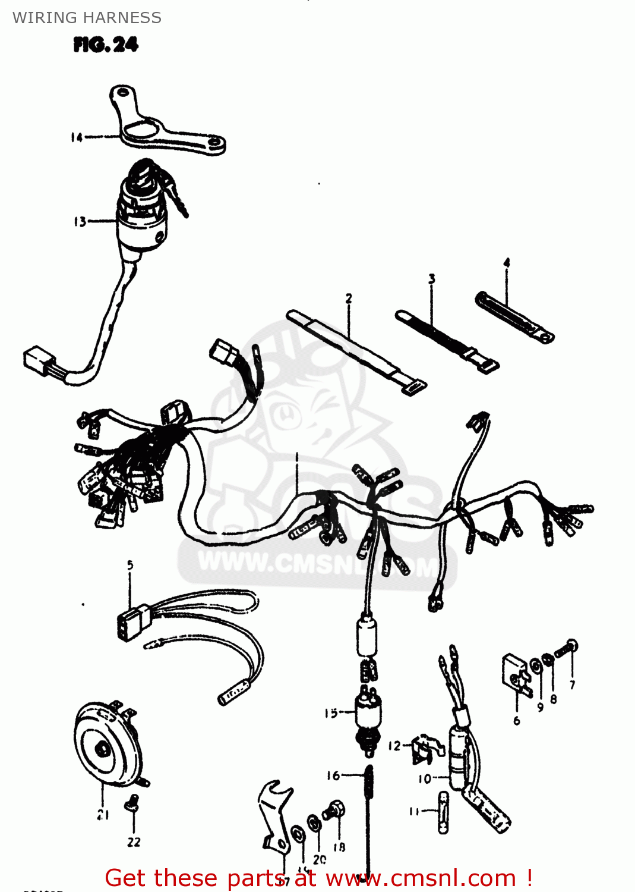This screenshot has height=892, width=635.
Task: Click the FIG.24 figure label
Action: click(x=106, y=45)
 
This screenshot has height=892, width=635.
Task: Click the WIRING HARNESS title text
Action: click(x=87, y=18)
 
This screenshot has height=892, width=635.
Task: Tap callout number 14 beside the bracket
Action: click(x=77, y=137)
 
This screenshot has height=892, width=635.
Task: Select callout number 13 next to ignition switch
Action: click(x=80, y=222)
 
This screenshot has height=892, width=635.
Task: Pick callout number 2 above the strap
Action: click(x=349, y=299)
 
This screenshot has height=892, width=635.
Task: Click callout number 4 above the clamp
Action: click(x=507, y=263)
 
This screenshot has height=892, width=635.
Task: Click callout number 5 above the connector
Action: click(x=130, y=565)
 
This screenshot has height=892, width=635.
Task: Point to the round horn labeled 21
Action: click(x=107, y=743)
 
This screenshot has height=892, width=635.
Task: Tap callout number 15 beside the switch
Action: click(x=331, y=713)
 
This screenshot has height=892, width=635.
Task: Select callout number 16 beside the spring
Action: click(x=333, y=775)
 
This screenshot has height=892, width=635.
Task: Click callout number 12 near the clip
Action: click(x=394, y=746)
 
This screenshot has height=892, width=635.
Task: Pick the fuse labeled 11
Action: click(x=443, y=812)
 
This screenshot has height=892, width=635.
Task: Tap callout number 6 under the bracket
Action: click(x=517, y=721)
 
